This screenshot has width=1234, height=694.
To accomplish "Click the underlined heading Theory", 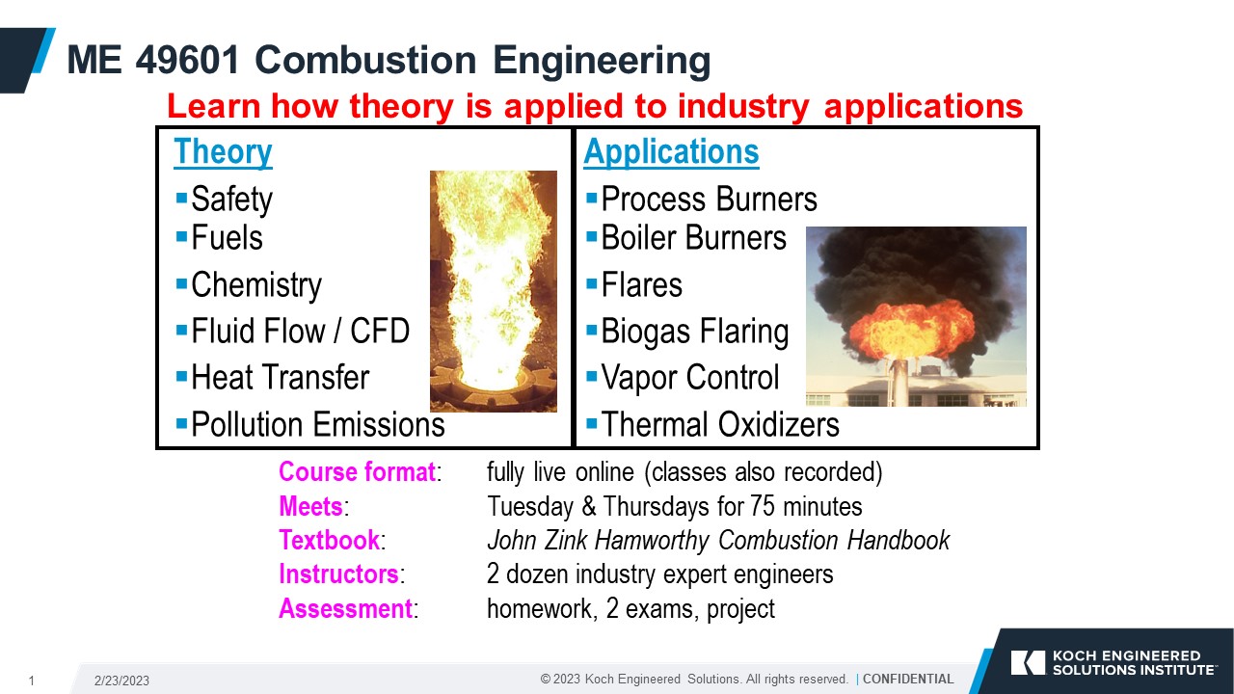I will (223, 152).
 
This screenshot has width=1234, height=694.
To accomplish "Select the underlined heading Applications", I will (671, 152).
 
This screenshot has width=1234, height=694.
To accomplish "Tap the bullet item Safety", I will (231, 200).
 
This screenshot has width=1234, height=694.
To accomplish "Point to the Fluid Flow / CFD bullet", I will (300, 332).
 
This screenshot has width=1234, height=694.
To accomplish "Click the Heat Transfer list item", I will (280, 378).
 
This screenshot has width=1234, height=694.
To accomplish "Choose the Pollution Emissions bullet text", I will (317, 424).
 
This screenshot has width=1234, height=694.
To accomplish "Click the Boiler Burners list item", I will (693, 238).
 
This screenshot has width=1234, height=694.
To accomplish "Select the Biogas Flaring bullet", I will (694, 332).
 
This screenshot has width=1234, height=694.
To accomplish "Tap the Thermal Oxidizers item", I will (719, 424).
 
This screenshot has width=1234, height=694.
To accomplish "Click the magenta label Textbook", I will (330, 540).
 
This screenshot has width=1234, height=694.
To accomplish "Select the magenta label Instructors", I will (338, 574).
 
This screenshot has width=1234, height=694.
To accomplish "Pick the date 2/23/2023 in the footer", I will (121, 681).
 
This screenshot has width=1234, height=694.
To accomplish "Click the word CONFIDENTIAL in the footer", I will (907, 679).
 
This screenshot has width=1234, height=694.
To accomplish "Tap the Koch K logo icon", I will (1028, 662).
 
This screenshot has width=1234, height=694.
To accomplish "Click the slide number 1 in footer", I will (31, 681).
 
